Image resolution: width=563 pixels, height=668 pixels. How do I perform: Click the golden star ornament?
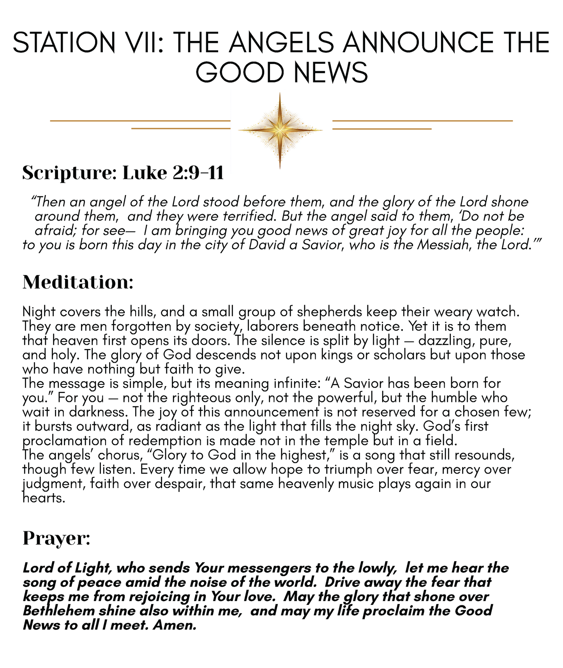coord(280,130)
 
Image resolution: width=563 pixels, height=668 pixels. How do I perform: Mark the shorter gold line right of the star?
coord(382,129)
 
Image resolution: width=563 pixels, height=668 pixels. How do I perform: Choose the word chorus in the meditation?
coord(121,455)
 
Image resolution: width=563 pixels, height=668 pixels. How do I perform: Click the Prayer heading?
coord(56,538)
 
